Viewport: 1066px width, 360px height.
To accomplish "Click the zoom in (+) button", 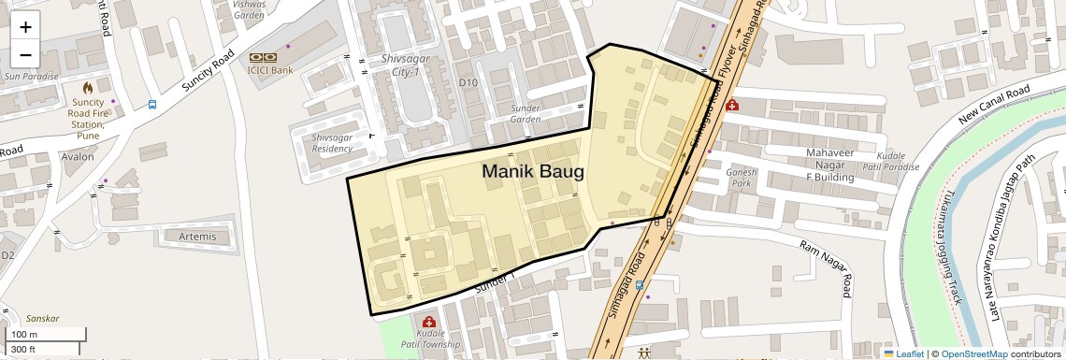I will (x=25, y=27).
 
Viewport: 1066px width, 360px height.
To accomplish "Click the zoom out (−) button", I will (x=25, y=54).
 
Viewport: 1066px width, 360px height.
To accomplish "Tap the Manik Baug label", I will (x=532, y=172).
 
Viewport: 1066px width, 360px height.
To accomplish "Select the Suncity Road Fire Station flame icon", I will (x=88, y=86).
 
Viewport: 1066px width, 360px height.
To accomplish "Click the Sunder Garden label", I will (x=526, y=113).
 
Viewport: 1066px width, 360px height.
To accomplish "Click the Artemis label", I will (x=196, y=237).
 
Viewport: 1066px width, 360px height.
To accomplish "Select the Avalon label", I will (x=78, y=157).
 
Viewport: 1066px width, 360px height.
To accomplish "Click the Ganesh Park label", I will (x=741, y=178).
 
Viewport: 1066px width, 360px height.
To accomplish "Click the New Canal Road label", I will (x=993, y=105).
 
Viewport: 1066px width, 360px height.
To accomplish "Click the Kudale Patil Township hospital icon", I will (x=429, y=322).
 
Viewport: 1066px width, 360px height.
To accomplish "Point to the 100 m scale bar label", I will (x=24, y=335).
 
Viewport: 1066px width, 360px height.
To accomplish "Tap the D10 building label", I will (x=468, y=83).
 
